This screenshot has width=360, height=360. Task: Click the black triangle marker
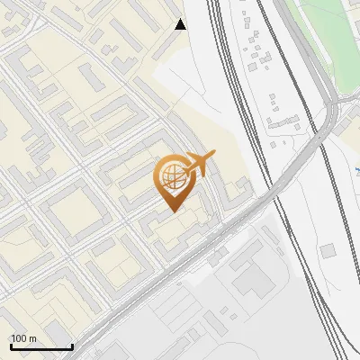[x=181, y=24]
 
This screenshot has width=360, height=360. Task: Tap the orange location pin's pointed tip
[x=172, y=210]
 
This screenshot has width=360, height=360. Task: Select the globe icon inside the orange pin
[x=171, y=175]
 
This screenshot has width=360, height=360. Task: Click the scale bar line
[x=41, y=346]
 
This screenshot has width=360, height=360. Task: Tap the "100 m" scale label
[x=23, y=338]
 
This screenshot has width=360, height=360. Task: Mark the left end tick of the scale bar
[x=11, y=345]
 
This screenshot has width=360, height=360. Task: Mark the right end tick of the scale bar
[x=72, y=345]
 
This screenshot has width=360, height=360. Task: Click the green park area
[x=324, y=36]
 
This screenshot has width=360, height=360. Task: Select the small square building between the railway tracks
[x=327, y=249]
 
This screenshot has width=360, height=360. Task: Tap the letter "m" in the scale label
[x=32, y=338]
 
